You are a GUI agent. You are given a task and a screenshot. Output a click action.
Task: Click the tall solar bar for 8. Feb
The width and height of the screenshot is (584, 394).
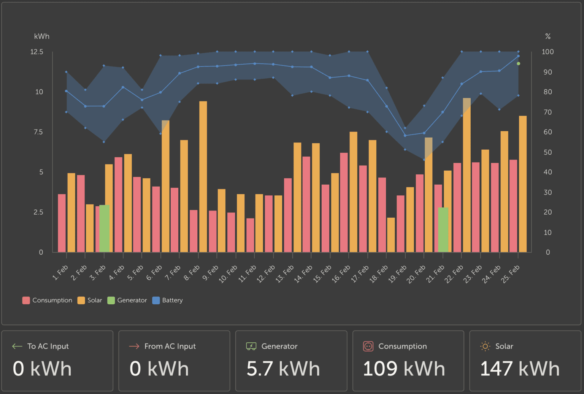(203, 177)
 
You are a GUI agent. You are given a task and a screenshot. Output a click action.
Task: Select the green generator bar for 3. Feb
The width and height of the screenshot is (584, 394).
(104, 228)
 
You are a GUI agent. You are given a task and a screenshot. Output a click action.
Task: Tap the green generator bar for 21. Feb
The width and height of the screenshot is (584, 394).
(443, 229)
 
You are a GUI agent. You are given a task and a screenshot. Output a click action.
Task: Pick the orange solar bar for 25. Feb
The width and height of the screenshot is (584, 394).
(523, 184)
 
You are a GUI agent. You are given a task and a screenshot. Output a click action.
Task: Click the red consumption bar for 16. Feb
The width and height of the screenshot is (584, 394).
(344, 202)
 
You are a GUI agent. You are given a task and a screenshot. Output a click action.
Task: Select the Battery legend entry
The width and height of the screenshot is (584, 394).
(168, 300)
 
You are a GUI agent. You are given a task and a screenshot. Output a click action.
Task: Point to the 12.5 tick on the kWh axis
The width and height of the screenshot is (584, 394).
(37, 52)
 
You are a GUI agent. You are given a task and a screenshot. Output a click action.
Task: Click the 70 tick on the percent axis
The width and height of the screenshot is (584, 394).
(547, 112)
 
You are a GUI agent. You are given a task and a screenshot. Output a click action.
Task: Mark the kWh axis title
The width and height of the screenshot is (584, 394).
(42, 36)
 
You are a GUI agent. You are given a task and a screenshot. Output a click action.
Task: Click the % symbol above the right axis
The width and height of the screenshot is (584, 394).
(548, 36)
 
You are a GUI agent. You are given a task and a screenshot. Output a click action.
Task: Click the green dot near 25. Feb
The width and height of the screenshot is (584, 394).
(518, 63)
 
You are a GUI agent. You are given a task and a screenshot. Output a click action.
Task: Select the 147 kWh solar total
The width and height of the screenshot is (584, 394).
(520, 369)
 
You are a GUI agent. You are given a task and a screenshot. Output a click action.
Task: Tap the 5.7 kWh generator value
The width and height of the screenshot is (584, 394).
(283, 369)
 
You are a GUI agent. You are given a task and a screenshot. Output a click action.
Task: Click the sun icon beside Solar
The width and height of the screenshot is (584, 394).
(485, 346)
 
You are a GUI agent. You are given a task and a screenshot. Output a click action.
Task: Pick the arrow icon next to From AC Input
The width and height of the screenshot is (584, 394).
(134, 346)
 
